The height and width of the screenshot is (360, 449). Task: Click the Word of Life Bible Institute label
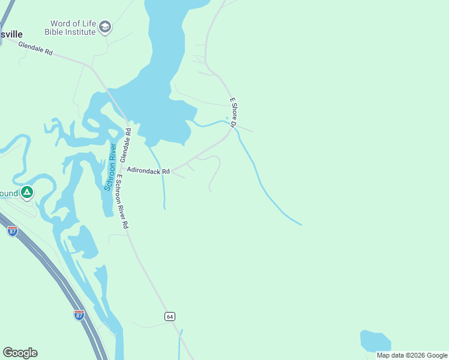73,28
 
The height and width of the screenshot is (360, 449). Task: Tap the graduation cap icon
106,27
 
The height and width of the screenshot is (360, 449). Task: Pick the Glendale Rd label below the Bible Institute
35,49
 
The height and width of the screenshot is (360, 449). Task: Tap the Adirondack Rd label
148,171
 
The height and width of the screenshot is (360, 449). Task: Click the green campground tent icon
26,193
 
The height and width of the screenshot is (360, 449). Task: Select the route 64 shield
170,316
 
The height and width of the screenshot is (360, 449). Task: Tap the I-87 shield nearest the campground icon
13,231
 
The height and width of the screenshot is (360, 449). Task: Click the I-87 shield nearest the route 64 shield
79,314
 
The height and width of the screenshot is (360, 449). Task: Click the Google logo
20,353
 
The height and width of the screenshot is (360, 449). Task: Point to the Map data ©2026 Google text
412,355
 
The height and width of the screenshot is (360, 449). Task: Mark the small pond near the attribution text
375,341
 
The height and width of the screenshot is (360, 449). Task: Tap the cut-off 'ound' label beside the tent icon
8,193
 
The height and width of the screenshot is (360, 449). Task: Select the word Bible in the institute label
63,32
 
